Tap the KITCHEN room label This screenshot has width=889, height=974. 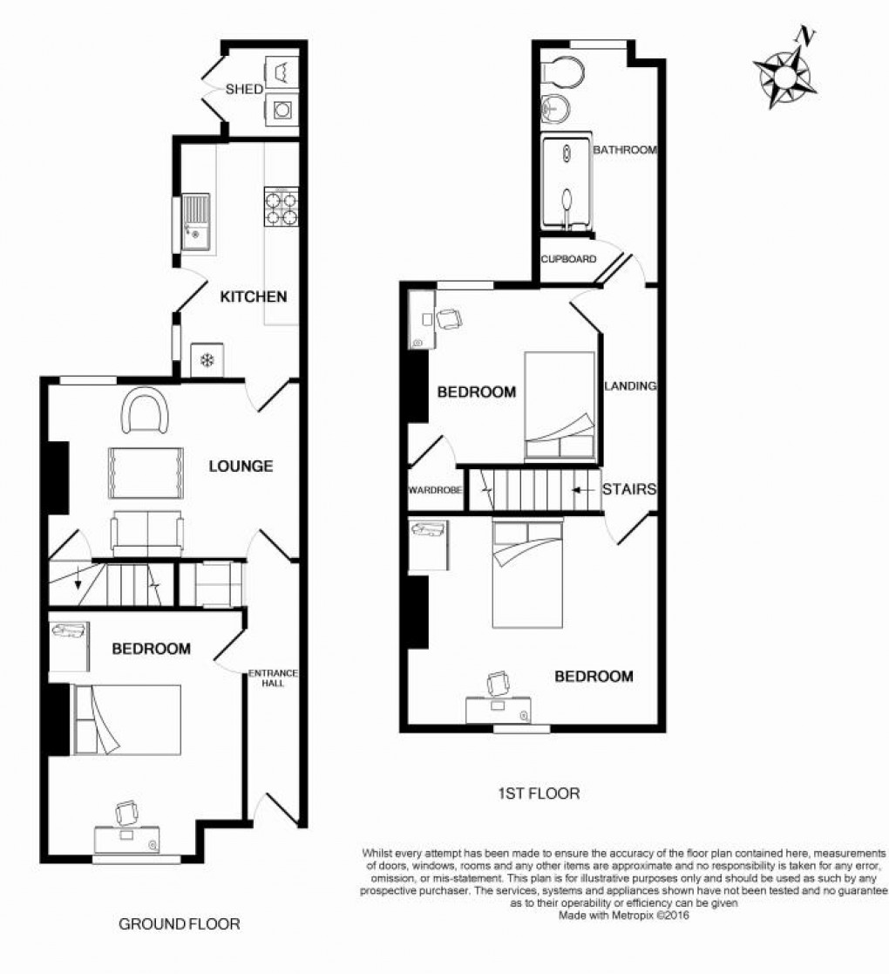(x=253, y=296)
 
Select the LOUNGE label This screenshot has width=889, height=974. (x=241, y=467)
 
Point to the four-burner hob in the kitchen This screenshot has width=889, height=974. (x=281, y=208)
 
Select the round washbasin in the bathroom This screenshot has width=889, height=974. (x=554, y=109)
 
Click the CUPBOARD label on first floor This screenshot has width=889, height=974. (x=568, y=259)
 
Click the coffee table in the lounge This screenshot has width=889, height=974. (x=146, y=472)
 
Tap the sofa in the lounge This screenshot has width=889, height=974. (x=146, y=532)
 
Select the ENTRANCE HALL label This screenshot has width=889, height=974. (x=273, y=678)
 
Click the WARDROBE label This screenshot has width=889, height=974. (x=434, y=490)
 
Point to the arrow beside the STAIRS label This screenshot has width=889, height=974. (x=582, y=490)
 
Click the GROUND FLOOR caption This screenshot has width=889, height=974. (x=179, y=923)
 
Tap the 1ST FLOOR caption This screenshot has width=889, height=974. (x=538, y=794)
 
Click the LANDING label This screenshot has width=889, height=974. (x=629, y=386)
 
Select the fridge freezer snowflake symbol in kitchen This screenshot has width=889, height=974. (x=207, y=359)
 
